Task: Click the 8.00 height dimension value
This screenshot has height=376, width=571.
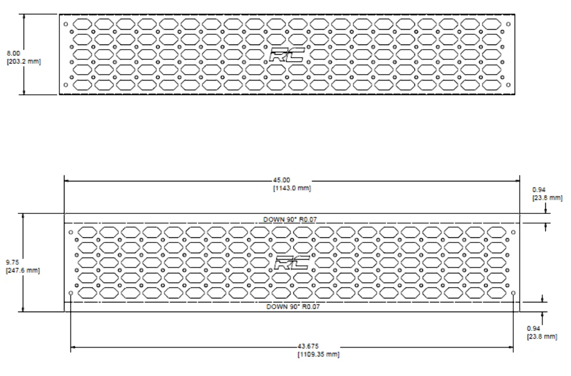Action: click(x=14, y=54)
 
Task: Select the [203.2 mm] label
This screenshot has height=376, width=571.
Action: click(x=24, y=62)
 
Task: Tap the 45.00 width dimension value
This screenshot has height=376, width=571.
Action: click(x=282, y=180)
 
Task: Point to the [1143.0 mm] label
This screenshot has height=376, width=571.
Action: click(x=292, y=188)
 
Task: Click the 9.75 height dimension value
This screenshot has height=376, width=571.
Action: click(x=12, y=262)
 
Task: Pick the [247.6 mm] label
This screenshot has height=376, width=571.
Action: click(x=23, y=270)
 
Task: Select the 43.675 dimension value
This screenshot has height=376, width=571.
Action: click(x=308, y=346)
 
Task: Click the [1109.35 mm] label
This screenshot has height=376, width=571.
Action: click(x=319, y=354)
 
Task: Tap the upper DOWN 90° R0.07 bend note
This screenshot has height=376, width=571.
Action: click(x=290, y=220)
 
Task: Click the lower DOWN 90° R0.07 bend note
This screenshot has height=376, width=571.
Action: click(x=293, y=306)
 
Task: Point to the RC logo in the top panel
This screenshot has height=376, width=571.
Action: click(x=287, y=55)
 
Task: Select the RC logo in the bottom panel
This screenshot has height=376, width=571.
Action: click(x=292, y=262)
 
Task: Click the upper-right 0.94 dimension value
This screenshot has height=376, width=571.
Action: click(x=538, y=189)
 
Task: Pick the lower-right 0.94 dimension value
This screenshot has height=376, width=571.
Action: click(x=533, y=329)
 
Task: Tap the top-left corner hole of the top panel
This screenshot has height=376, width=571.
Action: click(x=66, y=25)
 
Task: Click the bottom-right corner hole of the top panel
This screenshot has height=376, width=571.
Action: click(x=508, y=85)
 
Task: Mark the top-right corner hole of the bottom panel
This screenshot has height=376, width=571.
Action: click(x=513, y=232)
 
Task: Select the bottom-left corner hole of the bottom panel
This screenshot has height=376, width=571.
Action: click(x=71, y=293)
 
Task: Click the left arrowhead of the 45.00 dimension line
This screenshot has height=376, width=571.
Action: click(x=67, y=180)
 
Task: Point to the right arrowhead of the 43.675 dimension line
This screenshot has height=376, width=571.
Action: click(x=510, y=347)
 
